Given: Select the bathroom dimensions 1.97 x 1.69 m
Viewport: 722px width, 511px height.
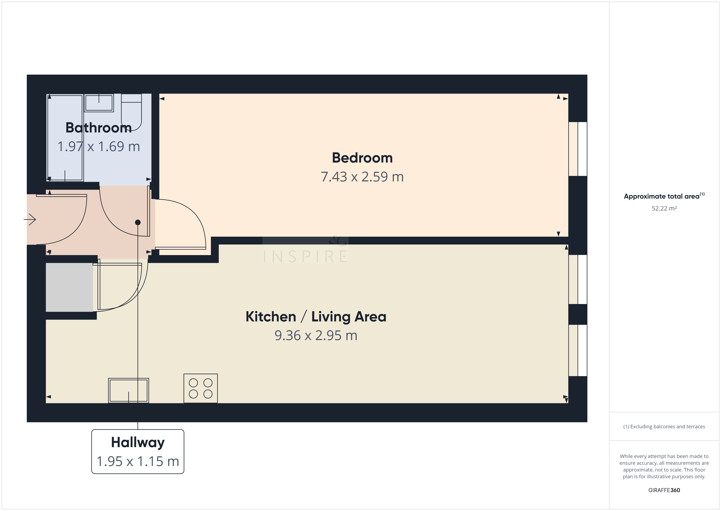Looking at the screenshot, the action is (98, 146).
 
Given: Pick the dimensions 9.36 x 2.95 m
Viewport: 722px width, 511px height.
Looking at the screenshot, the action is (316, 335).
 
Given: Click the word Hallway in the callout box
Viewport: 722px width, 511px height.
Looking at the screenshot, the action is (138, 443).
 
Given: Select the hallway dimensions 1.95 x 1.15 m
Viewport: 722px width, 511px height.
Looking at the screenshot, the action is (138, 461).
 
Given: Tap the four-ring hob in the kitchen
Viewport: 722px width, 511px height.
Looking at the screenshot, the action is (201, 388).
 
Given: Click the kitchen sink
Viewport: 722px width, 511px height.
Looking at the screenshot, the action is (129, 390).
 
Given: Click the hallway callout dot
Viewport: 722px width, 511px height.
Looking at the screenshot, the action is (138, 223).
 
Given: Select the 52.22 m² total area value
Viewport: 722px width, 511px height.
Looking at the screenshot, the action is (664, 208).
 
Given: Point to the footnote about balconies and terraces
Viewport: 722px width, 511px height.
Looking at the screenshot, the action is (664, 427).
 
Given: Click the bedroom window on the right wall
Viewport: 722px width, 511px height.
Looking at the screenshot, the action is (578, 149).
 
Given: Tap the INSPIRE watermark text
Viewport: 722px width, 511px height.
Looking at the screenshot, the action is (305, 256).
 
